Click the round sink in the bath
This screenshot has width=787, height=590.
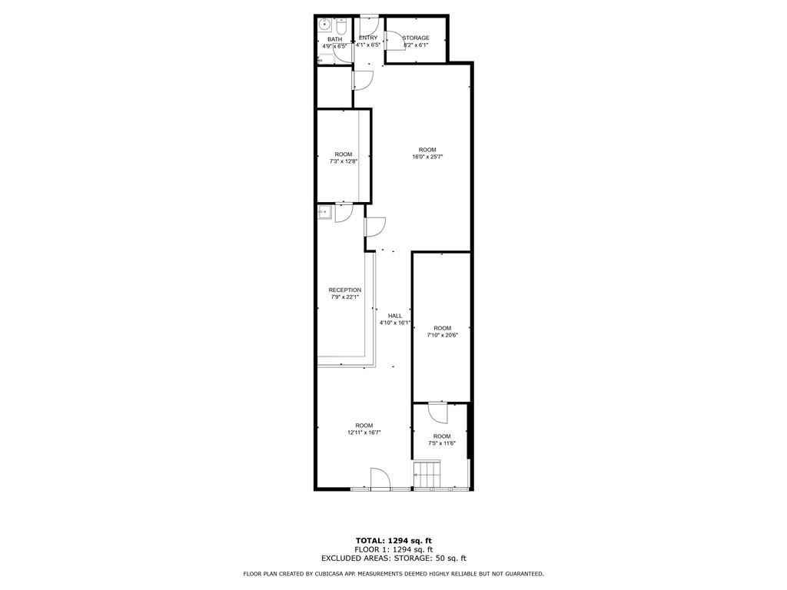[x=325, y=24]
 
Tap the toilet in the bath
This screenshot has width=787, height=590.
[x=341, y=25]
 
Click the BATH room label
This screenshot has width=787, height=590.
[x=335, y=39]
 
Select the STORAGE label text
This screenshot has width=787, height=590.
[x=416, y=38]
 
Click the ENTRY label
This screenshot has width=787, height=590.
[x=368, y=38]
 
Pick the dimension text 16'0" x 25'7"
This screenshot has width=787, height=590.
[x=427, y=157]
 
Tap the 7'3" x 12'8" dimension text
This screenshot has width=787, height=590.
[x=344, y=161]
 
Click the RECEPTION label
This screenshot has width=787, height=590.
[x=345, y=290]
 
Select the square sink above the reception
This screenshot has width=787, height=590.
[x=325, y=212]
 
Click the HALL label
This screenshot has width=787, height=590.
[x=395, y=316]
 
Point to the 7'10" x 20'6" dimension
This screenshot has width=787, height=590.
[x=442, y=335]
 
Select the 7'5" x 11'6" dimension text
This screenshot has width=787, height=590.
[x=442, y=443]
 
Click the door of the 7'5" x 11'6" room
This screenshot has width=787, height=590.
[x=438, y=413]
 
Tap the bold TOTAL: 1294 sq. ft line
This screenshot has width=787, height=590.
[x=393, y=540]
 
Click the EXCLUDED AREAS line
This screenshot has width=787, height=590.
[x=393, y=558]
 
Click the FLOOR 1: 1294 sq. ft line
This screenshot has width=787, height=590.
[x=393, y=549]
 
